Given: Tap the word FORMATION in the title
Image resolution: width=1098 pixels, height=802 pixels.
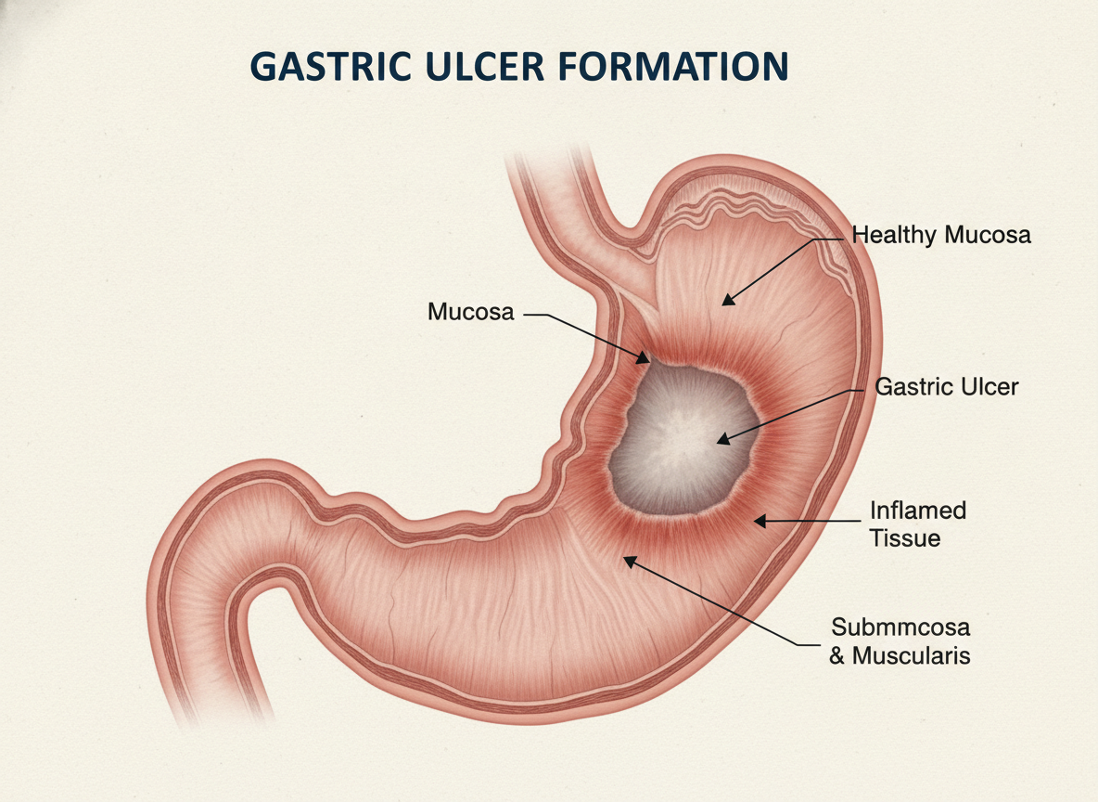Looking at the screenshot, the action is [673, 67].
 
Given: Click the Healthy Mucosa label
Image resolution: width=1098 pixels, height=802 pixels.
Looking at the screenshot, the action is [941, 235].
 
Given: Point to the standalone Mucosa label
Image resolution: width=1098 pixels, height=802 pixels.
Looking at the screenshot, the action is [470, 312].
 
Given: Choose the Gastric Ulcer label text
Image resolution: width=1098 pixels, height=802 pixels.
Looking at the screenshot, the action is [947, 386].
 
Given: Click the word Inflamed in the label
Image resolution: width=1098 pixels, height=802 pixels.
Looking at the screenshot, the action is [918, 511].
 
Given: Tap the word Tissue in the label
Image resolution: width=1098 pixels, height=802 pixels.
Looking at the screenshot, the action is [905, 538].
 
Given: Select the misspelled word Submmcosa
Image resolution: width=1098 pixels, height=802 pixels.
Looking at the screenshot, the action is [900, 627].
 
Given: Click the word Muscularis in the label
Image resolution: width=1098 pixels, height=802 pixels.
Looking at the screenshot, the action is [911, 655].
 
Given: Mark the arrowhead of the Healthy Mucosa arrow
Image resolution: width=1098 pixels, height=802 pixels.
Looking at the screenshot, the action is [728, 300].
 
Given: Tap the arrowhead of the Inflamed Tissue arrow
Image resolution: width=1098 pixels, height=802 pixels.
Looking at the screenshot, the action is [760, 521].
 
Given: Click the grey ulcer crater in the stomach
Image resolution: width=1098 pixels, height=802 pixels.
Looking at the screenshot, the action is [682, 442].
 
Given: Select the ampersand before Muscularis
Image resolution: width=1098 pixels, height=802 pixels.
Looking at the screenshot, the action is [837, 656].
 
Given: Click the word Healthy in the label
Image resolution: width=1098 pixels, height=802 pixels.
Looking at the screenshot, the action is [894, 235].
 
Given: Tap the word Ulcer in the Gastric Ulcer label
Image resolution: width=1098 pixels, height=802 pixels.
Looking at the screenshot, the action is [990, 386].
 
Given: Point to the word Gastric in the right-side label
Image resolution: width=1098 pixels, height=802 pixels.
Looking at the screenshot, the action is [915, 386].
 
